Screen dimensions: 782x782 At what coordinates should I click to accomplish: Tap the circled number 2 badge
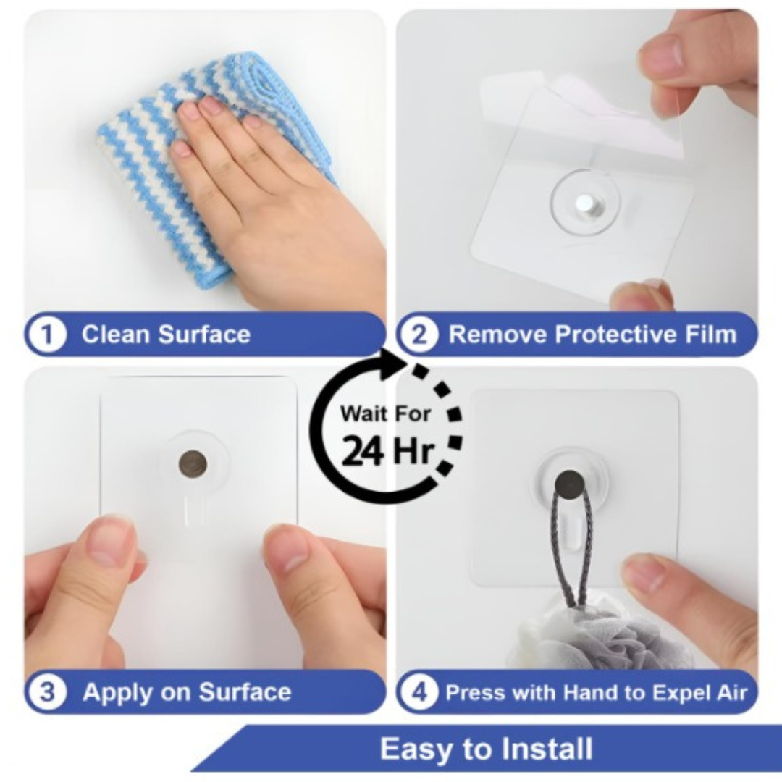tap(421, 335)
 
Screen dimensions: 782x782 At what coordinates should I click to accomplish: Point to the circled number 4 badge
tap(421, 691)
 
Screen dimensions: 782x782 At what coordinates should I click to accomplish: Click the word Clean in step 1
tap(116, 335)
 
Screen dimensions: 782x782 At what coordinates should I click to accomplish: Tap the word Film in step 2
tap(707, 335)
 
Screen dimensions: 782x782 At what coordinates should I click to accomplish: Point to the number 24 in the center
tap(362, 452)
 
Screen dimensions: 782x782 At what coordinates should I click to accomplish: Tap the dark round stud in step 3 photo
tap(193, 463)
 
